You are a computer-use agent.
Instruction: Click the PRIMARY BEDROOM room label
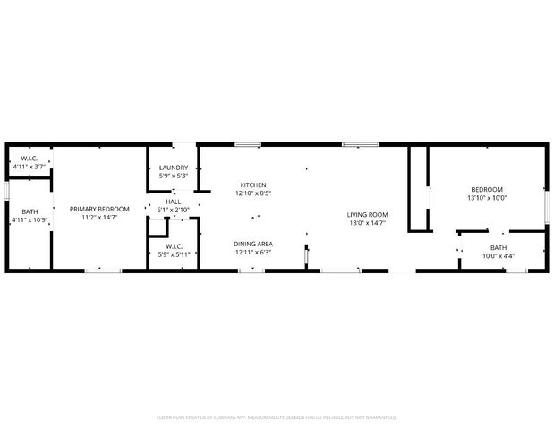[100, 209]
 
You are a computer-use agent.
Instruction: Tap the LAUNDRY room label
[174, 168]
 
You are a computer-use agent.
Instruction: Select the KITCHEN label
[253, 185]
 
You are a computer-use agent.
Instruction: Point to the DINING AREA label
[253, 244]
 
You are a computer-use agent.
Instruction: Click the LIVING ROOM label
[367, 214]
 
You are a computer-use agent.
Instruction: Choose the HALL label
[174, 202]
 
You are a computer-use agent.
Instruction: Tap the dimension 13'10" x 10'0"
[487, 198]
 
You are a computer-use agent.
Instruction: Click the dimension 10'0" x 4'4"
[499, 256]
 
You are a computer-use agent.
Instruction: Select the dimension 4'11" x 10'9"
[29, 219]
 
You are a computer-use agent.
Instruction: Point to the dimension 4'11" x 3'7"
[29, 167]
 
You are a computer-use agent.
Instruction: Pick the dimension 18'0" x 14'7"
[367, 223]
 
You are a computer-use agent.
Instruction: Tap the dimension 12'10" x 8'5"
[253, 193]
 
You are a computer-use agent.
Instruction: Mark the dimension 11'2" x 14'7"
[100, 217]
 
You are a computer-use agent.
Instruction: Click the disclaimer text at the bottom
[277, 417]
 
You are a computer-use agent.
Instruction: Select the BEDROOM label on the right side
[487, 189]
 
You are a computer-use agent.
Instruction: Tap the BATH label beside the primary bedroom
[29, 211]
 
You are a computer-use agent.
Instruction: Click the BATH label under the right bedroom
[499, 247]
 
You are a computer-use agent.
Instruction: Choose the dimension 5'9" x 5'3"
[174, 176]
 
